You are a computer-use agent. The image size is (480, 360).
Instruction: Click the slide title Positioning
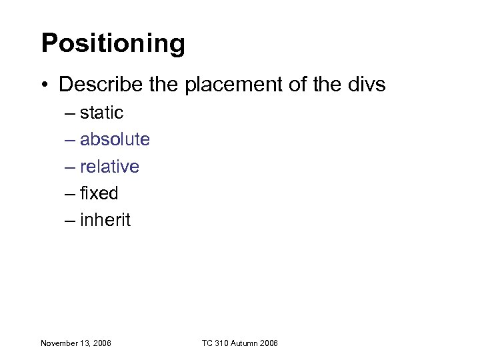tap(113, 44)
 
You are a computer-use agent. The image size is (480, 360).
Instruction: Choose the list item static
tap(101, 113)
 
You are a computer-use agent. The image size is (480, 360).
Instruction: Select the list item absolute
tap(115, 139)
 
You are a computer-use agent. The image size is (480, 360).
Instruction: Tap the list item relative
tap(109, 166)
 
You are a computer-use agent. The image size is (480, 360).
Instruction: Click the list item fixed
tap(99, 193)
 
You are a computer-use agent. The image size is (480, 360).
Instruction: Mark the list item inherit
tap(105, 220)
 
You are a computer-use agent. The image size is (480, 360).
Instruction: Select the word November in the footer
tap(59, 343)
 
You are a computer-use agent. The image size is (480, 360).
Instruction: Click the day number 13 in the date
tap(85, 343)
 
